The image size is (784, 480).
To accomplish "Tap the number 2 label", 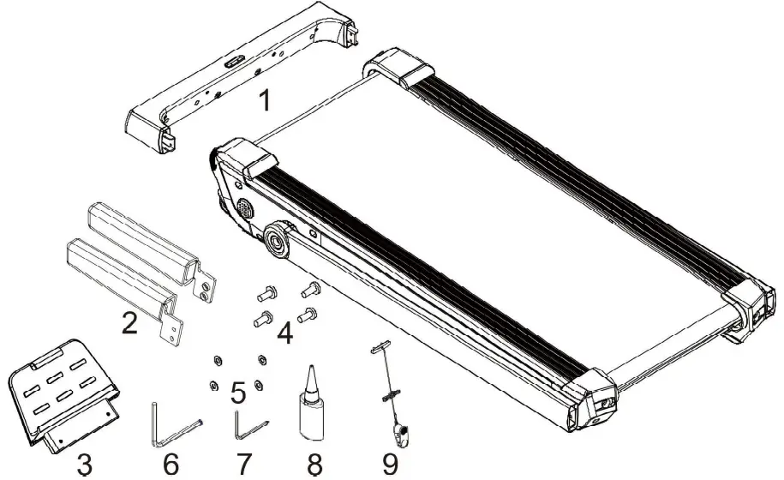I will click(129, 324).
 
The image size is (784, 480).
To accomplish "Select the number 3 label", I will click(83, 465).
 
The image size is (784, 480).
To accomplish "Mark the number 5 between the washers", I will click(239, 393).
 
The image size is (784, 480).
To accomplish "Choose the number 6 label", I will click(171, 465).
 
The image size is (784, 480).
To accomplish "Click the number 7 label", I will click(243, 465).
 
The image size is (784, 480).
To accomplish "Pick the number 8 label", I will click(314, 465).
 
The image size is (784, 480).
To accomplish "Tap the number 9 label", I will click(390, 465).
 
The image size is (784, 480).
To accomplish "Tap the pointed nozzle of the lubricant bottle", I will click(313, 375).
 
